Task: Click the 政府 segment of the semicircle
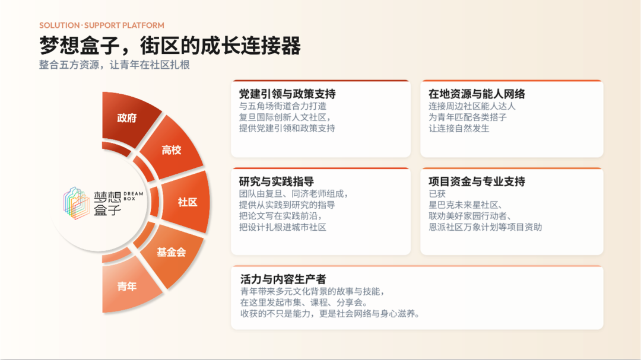127,119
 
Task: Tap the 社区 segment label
188,202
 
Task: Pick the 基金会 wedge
172,253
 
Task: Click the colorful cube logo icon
77,203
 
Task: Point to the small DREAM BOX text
134,196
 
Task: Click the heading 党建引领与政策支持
287,94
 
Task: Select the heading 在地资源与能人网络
477,94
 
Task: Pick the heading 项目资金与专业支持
477,181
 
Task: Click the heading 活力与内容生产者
283,279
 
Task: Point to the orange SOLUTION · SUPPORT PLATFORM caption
102,26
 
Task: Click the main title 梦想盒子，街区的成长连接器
170,45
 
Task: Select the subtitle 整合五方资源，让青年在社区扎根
115,65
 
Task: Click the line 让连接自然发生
459,128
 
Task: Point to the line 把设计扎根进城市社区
283,227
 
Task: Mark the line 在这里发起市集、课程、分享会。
304,303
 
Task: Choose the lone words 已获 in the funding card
437,194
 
